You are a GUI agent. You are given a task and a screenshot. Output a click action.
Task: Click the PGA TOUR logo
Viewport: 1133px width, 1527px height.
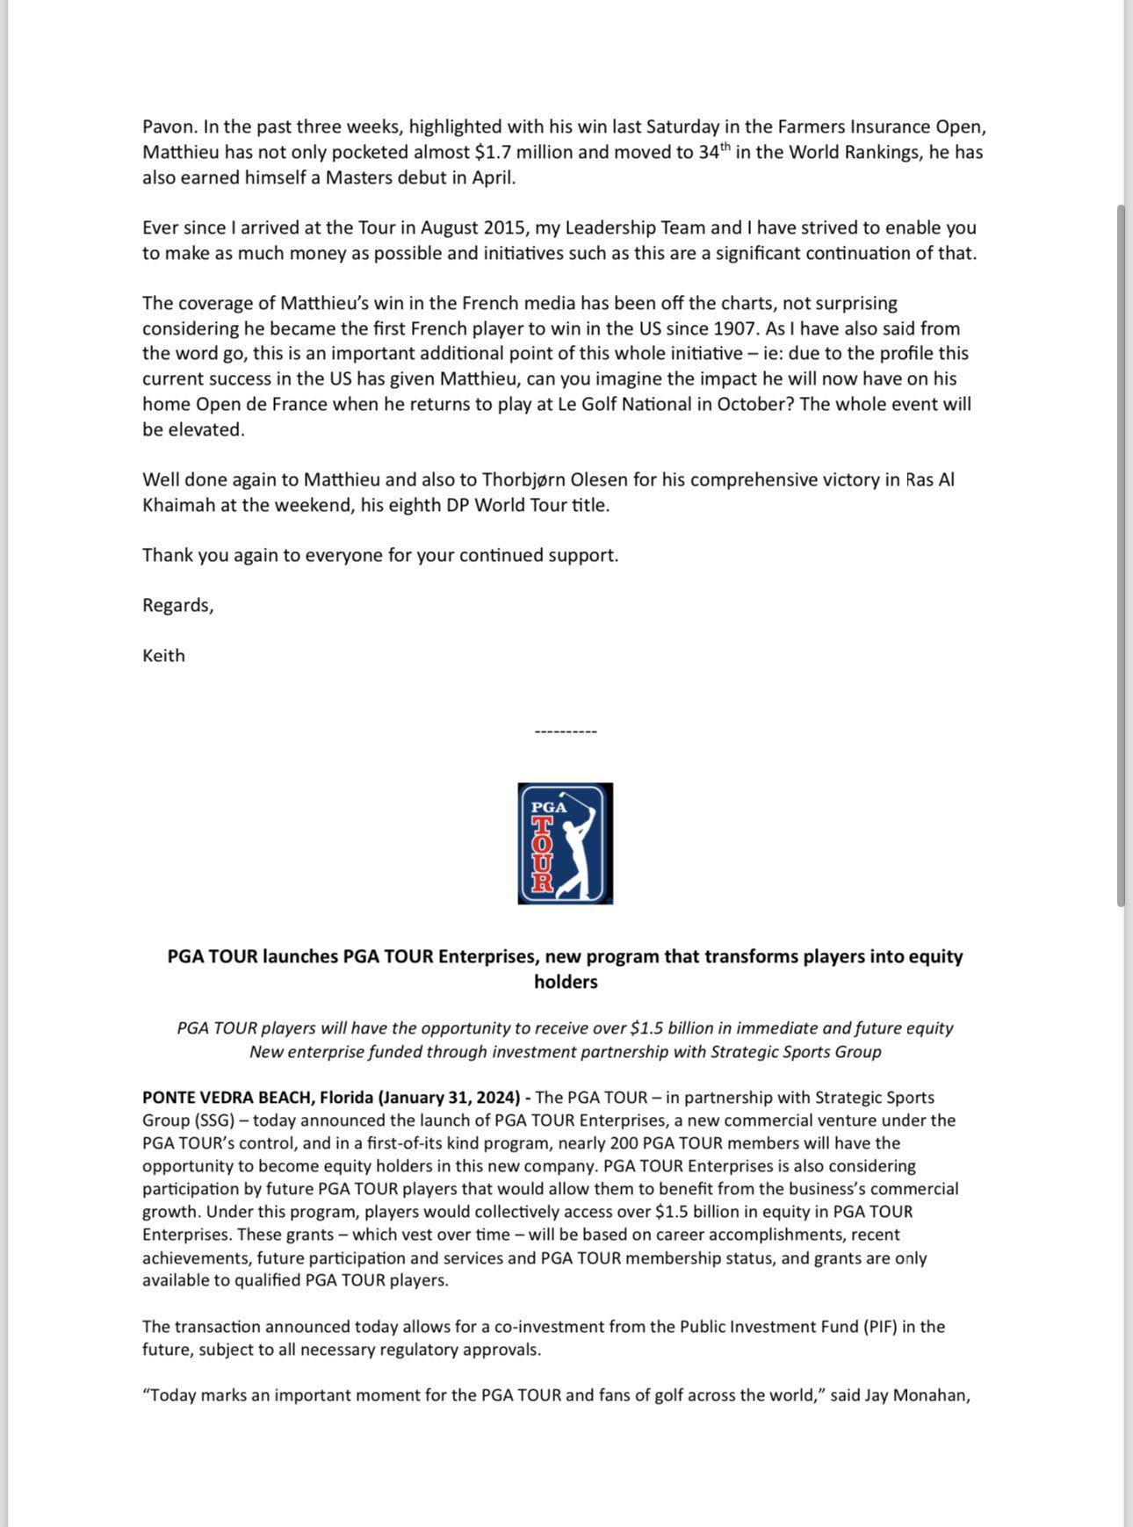(565, 843)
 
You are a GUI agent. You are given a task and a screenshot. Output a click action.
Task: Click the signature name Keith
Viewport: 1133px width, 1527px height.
(163, 656)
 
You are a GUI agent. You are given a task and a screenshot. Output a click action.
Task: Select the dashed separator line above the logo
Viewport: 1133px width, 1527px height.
(566, 731)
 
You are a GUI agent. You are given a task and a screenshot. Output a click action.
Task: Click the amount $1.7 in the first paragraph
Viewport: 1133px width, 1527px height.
(493, 152)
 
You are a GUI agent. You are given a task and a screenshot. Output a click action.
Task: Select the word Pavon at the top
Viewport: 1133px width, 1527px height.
(168, 127)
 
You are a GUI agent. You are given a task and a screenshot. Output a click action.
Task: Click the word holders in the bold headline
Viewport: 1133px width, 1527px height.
(566, 982)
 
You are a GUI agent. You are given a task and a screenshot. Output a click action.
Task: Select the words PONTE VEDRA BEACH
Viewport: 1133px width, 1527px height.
(226, 1098)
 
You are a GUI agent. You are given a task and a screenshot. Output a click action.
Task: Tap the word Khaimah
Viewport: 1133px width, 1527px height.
(178, 506)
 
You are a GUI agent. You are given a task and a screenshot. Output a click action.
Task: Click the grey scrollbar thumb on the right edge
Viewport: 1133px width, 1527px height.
(1122, 555)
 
